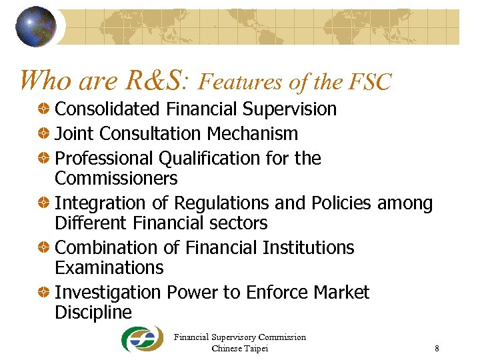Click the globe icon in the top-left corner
pyautogui.click(x=36, y=26)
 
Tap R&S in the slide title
pyautogui.click(x=155, y=81)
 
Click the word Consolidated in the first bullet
pyautogui.click(x=108, y=109)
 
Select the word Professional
pyautogui.click(x=104, y=159)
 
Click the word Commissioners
pyautogui.click(x=116, y=179)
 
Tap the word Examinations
pyautogui.click(x=109, y=268)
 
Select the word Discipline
pyautogui.click(x=93, y=313)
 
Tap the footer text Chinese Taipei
pyautogui.click(x=240, y=348)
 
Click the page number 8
pyautogui.click(x=437, y=348)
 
